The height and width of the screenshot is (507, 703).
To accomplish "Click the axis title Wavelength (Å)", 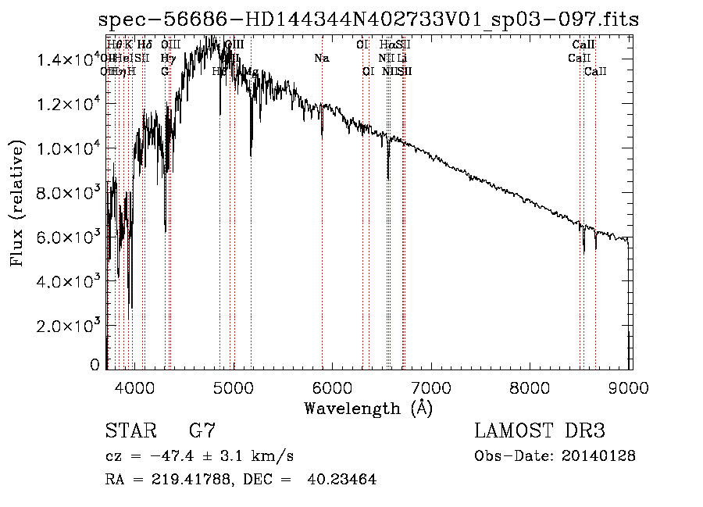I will [368, 408].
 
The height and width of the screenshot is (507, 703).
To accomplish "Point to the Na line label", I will [322, 58].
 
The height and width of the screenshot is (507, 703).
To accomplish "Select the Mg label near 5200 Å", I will [252, 71].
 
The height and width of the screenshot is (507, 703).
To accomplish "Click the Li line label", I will [401, 58].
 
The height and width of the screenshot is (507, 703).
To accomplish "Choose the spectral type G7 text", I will [202, 431].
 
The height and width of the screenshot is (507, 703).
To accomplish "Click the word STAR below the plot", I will [127, 431].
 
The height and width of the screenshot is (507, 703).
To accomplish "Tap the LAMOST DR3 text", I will [540, 431].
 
